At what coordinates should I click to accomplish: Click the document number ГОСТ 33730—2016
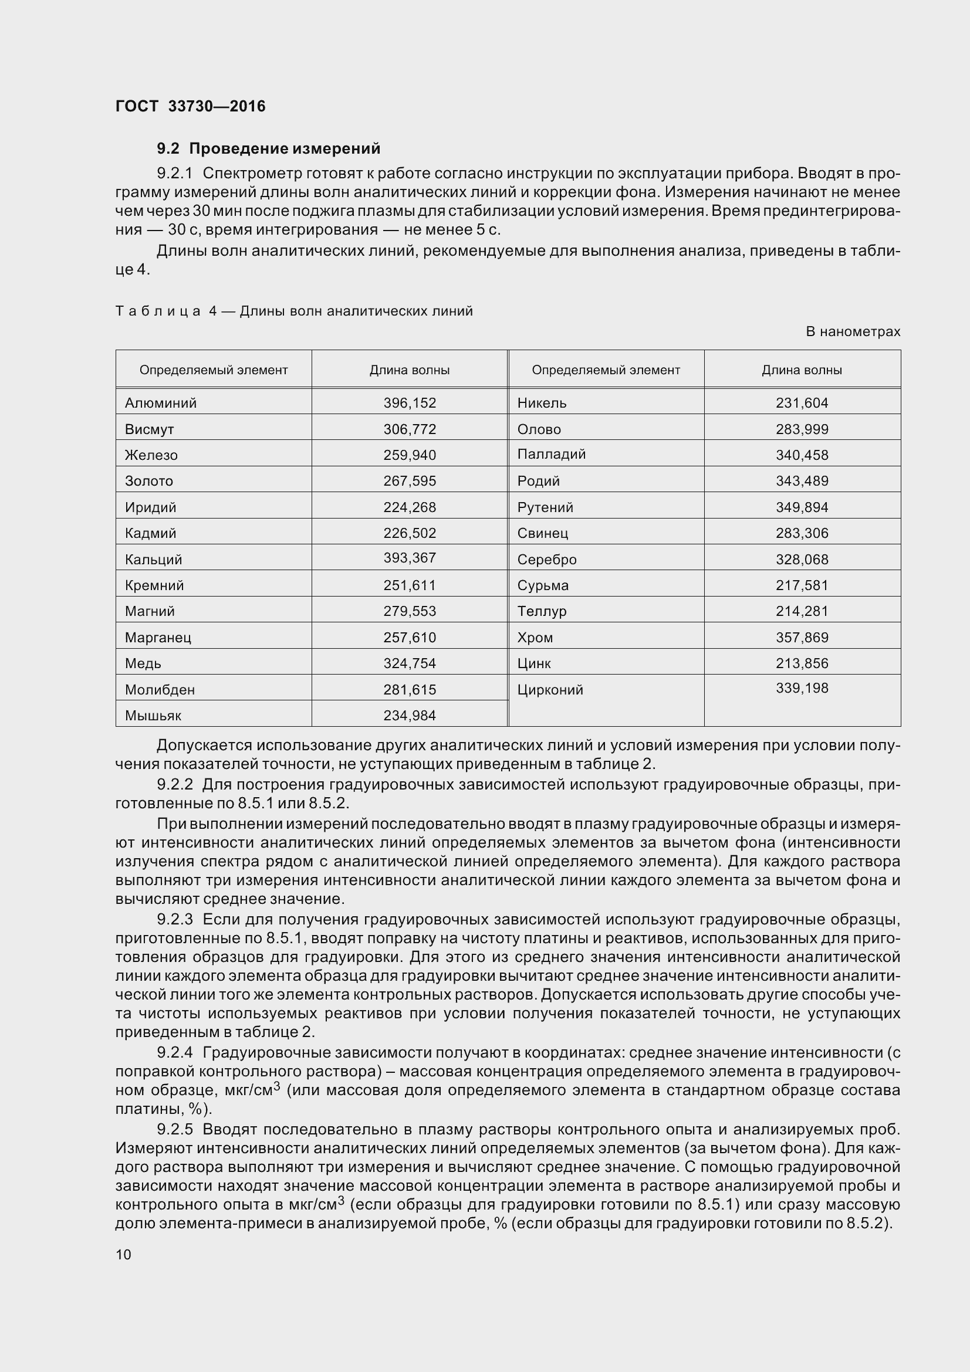point(190,106)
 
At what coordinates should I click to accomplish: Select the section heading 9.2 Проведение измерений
point(268,148)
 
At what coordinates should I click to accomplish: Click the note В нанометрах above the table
point(853,331)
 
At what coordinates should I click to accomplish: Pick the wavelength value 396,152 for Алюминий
point(410,403)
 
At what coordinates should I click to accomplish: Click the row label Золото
point(149,481)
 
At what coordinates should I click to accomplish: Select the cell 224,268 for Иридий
point(410,507)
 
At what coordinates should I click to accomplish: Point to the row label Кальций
point(153,560)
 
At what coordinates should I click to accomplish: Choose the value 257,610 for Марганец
point(410,638)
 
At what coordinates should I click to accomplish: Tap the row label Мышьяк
point(153,715)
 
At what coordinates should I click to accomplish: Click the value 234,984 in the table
point(410,715)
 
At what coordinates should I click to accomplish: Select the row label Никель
point(542,403)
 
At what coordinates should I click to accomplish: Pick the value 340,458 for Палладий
point(802,455)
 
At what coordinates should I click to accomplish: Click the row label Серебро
point(546,560)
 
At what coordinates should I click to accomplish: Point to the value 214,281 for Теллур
point(802,611)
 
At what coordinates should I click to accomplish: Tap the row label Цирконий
point(549,690)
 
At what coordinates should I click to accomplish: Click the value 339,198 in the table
point(802,688)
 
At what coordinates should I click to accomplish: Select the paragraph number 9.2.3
point(174,919)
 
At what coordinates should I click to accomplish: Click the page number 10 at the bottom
point(123,1254)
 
